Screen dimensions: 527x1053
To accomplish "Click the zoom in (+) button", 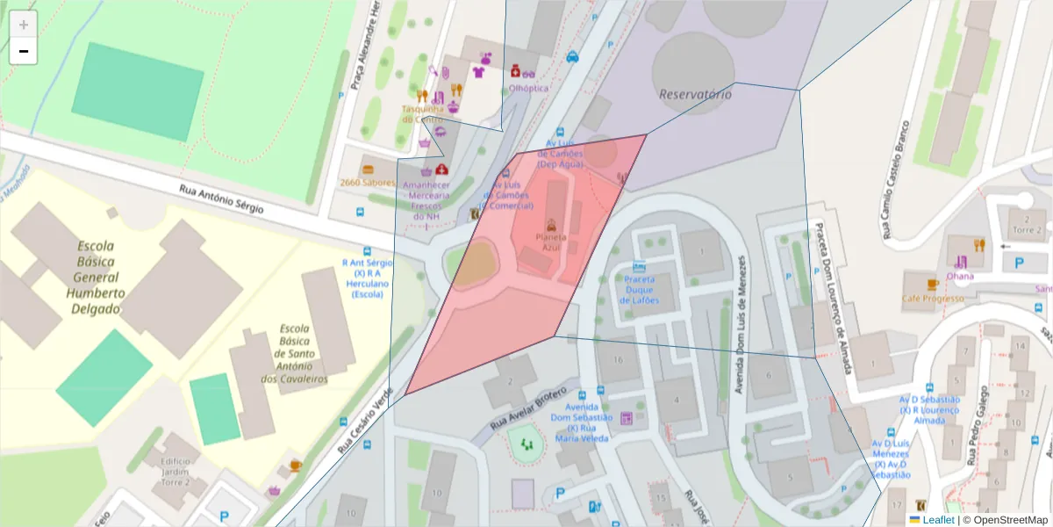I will pos(24,25).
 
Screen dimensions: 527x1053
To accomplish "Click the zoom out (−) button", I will pos(24,52).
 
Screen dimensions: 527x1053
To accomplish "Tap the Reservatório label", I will pos(695,93).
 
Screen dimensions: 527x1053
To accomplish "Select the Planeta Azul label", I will pos(550,242).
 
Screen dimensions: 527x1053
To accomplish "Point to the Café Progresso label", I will pos(932,299).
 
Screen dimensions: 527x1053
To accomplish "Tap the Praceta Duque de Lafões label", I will pos(640,290).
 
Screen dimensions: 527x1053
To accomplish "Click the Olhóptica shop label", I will pos(528,88).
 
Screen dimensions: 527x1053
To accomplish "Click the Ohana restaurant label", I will pos(960,275).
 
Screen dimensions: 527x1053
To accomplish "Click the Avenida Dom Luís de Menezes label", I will pos(741,324).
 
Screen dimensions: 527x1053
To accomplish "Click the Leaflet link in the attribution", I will pos(937,520).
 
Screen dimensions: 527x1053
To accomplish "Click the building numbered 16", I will pos(619,359).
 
